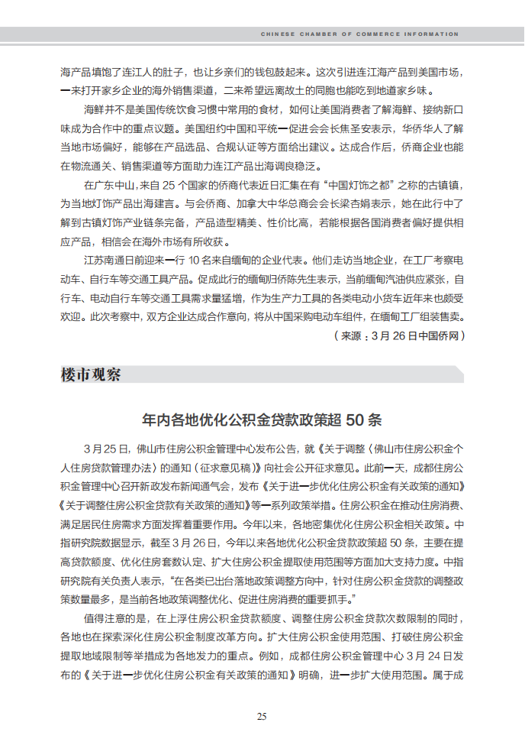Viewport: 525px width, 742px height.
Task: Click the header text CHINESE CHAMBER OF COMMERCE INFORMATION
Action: tap(359, 34)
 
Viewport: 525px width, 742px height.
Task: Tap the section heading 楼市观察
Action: tap(91, 375)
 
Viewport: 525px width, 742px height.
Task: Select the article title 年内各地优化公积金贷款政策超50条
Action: tap(262, 420)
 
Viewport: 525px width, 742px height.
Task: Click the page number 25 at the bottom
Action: tap(262, 716)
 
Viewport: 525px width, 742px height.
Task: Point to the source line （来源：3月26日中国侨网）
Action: tap(398, 335)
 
